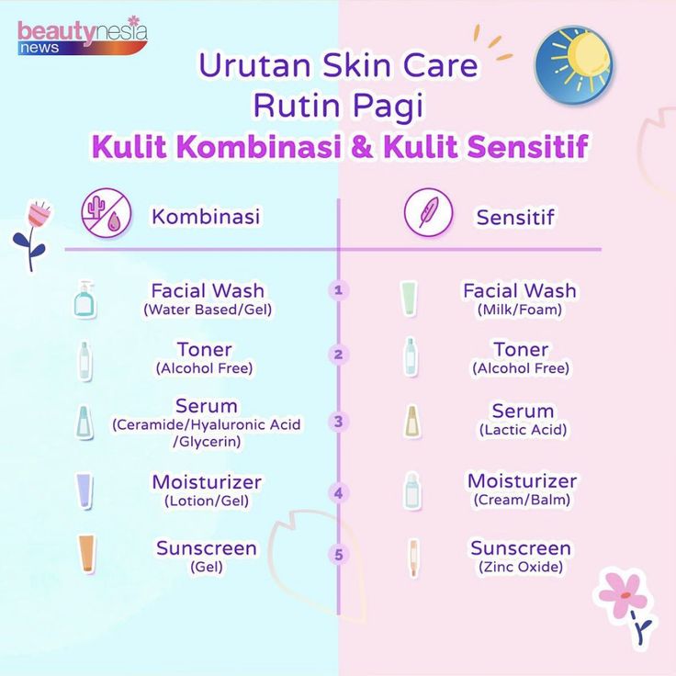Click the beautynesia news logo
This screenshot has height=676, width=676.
pyautogui.click(x=83, y=36)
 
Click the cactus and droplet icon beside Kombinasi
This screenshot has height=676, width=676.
pyautogui.click(x=106, y=213)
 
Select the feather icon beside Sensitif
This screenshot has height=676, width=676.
pyautogui.click(x=429, y=212)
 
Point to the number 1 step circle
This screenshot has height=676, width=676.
pyautogui.click(x=338, y=290)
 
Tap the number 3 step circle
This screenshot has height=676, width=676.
pyautogui.click(x=338, y=422)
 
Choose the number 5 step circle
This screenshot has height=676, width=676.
pyautogui.click(x=338, y=555)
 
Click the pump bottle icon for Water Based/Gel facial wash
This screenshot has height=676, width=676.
pyautogui.click(x=84, y=299)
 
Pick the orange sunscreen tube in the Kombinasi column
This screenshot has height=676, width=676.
pyautogui.click(x=86, y=554)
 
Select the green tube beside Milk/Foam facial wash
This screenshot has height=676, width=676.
pyautogui.click(x=409, y=299)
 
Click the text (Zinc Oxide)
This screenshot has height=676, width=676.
pyautogui.click(x=521, y=567)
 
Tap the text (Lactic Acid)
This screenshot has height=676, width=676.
pyautogui.click(x=523, y=430)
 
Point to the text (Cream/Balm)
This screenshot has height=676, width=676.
pyautogui.click(x=522, y=500)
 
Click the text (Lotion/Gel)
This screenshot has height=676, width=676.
pyautogui.click(x=207, y=501)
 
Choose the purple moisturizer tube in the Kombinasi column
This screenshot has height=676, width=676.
pyautogui.click(x=84, y=491)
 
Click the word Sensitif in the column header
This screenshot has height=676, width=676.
pyautogui.click(x=515, y=217)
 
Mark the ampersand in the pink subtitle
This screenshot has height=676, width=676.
pyautogui.click(x=362, y=147)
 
